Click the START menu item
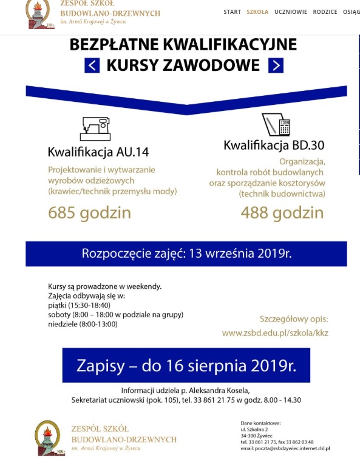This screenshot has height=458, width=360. (x=232, y=12)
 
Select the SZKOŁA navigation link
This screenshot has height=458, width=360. (x=257, y=12)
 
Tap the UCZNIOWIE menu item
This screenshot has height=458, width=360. (x=290, y=12)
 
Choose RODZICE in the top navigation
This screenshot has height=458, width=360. (x=325, y=12)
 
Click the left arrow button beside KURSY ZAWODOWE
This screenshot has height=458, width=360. (x=92, y=65)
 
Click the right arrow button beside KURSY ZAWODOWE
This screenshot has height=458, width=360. (x=276, y=65)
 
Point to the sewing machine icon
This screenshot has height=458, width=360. (x=95, y=129)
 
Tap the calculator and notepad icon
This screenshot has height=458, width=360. (x=276, y=125)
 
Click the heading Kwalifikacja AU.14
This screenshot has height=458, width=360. (x=98, y=152)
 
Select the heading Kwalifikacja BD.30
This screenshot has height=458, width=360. (x=274, y=145)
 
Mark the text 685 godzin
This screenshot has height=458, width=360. (x=89, y=213)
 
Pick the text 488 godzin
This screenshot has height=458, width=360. (x=282, y=213)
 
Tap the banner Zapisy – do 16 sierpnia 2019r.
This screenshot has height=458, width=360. (x=186, y=365)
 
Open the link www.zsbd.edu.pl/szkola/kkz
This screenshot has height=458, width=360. (x=275, y=333)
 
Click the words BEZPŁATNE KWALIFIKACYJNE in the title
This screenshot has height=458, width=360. (x=183, y=45)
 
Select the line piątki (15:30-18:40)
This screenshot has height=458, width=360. (x=79, y=305)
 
